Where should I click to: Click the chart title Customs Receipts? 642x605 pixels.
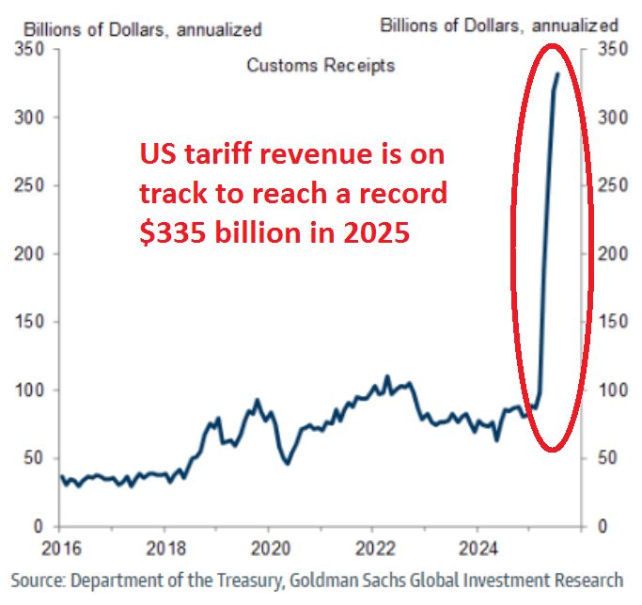(321, 65)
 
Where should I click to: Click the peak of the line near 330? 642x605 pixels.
(558, 73)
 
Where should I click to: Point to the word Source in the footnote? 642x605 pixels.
(38, 579)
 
